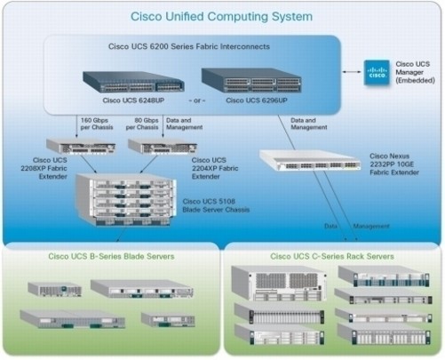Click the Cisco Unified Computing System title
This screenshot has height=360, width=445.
pos(221,17)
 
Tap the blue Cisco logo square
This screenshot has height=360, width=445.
pos(377,73)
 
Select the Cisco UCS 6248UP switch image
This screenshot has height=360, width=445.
pos(133,82)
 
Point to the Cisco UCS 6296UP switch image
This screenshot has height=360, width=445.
pos(251,80)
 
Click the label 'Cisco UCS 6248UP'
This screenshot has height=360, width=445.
pos(133,100)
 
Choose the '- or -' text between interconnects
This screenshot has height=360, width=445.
pos(197,100)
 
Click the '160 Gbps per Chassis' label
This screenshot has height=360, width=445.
pos(97,124)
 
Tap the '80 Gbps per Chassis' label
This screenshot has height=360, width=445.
pos(142,124)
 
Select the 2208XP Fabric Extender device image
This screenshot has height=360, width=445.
pos(81,147)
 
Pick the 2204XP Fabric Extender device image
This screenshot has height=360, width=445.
pos(163,147)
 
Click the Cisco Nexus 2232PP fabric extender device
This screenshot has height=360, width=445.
pos(310,160)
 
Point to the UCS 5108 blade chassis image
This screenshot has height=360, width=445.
pos(126,200)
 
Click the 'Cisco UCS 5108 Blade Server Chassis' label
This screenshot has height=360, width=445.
pos(216,205)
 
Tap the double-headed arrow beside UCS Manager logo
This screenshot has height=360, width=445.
pos(352,72)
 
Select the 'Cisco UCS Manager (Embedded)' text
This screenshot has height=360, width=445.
pos(415,72)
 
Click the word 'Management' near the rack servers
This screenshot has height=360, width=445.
pos(371,227)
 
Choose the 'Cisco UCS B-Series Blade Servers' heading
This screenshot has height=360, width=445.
pos(111,256)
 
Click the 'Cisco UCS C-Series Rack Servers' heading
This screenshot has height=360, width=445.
pos(332,256)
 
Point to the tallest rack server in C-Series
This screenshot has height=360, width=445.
pos(279,284)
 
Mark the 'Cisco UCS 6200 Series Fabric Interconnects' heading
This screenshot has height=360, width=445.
pos(189,46)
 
